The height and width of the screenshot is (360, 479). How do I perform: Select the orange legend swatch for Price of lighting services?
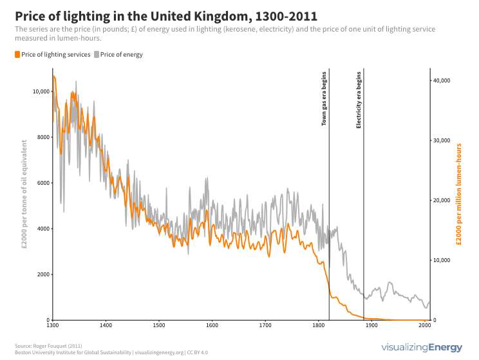tap(17, 55)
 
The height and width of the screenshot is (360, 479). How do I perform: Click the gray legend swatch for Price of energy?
tap(97, 55)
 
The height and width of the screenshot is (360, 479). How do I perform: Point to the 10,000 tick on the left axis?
tap(41, 91)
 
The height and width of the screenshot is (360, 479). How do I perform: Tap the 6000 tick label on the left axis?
tap(42, 183)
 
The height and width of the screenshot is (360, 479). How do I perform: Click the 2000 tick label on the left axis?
tap(42, 274)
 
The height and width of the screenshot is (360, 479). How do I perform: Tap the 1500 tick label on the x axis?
tap(159, 325)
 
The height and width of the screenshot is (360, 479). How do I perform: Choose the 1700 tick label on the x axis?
tap(265, 325)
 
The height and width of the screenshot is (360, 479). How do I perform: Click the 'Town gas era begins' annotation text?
tap(324, 99)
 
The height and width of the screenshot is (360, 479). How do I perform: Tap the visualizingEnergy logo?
tap(422, 348)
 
